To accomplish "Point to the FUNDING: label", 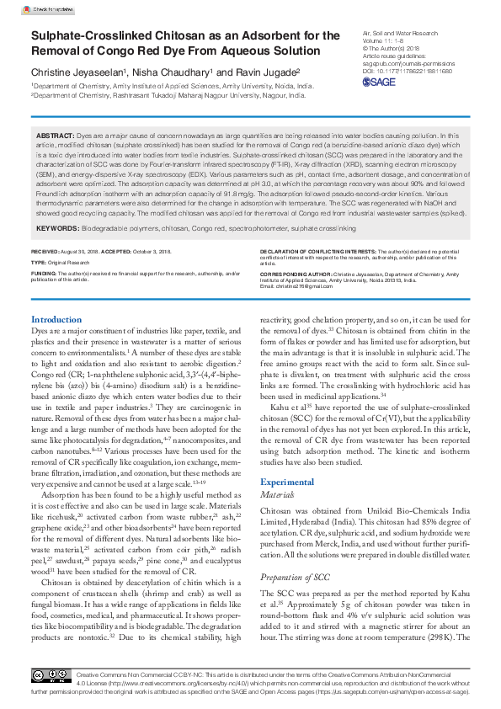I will [44, 274].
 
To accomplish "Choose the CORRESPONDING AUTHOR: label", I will [299, 274].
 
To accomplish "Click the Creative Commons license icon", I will [51, 675].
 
